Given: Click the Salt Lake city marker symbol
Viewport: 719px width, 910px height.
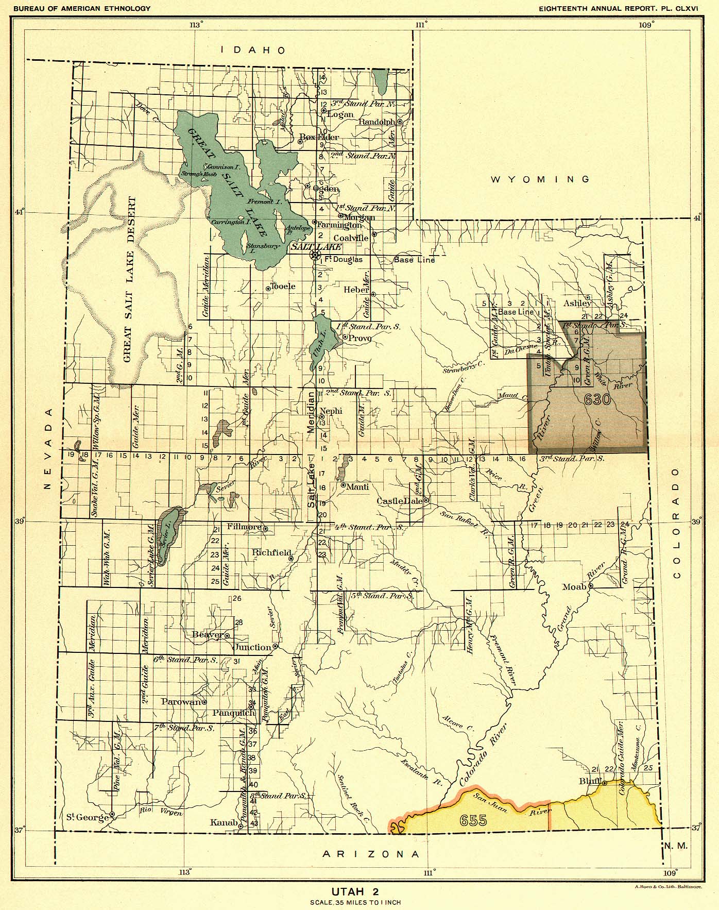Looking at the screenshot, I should pos(314,255).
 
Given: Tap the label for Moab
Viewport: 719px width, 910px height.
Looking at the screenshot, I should pos(574,587).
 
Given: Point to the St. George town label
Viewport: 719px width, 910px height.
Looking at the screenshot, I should pos(87,817).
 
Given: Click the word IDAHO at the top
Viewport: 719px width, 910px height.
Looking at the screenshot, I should pos(253,50).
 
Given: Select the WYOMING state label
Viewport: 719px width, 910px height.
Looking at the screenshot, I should pos(540,179).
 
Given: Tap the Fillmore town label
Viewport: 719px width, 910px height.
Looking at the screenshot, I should pos(245,527).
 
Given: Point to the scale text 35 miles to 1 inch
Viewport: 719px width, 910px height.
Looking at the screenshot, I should pos(355,902).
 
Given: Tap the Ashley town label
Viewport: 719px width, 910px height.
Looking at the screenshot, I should pos(577,304).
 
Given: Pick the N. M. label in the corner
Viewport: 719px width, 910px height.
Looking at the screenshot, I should pos(676,846).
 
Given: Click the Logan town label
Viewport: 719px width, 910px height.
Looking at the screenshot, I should pos(340,114).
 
